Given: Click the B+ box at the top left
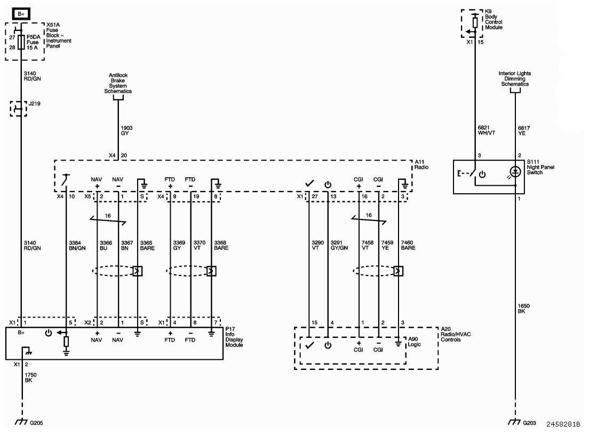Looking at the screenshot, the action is point(21,14).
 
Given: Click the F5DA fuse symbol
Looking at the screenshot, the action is point(21,43).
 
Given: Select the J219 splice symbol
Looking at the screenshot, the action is point(18,108).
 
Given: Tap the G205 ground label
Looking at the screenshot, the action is point(36,423).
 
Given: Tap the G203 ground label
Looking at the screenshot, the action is point(529,423).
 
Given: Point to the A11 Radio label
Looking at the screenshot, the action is point(421,164).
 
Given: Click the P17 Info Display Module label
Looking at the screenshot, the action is point(234,337).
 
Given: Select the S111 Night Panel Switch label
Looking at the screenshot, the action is point(540,167).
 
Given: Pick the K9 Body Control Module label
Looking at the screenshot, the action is point(494,20).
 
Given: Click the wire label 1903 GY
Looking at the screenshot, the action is point(126,130).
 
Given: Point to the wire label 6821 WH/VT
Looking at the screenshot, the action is point(487,130).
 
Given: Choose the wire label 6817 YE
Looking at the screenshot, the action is point(523,130).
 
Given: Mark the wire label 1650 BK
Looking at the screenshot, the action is point(523,309).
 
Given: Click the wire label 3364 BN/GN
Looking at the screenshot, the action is point(77,246).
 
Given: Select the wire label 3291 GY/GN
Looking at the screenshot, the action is point(339,246).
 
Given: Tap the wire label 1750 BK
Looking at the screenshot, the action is point(30,377).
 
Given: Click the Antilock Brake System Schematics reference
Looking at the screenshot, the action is point(118,83).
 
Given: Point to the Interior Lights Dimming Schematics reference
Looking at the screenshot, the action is point(515,79).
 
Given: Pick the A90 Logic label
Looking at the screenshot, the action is point(415,342).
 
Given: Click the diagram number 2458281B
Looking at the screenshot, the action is point(563,424).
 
